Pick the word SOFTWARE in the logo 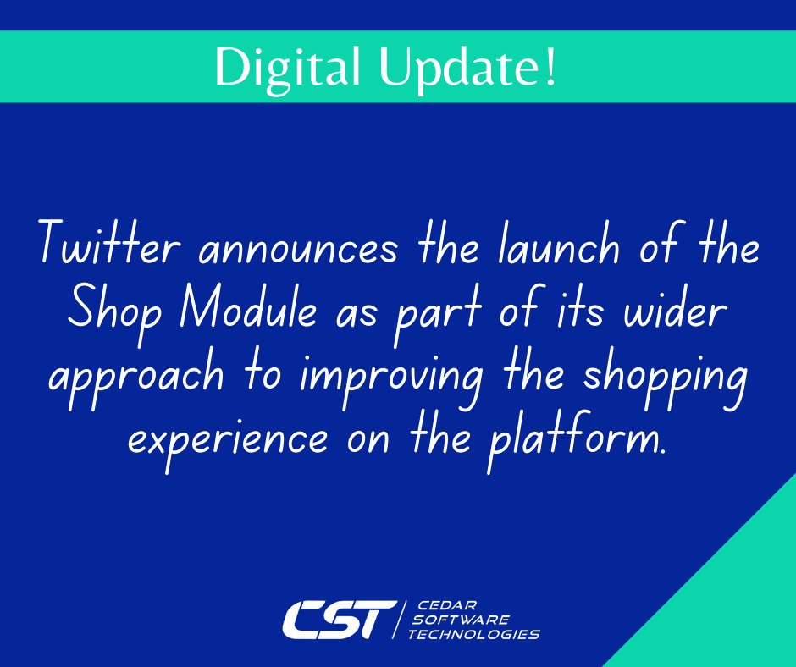(462, 620)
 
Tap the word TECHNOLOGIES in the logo (473, 634)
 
